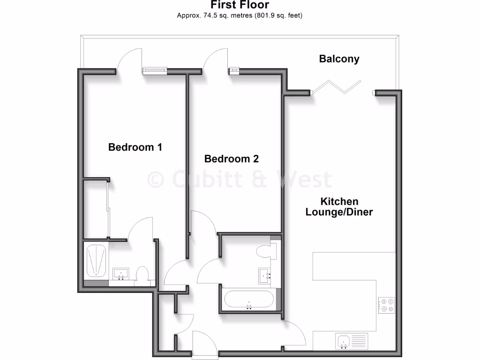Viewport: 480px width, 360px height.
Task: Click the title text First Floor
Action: [x=240, y=5]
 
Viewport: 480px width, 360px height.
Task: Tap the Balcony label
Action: [x=339, y=59]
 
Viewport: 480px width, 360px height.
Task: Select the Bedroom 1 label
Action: [x=135, y=147]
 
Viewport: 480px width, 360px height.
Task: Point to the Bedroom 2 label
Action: [x=232, y=159]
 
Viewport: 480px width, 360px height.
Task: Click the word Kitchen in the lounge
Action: [x=339, y=202]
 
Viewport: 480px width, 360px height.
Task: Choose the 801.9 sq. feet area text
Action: [x=278, y=15]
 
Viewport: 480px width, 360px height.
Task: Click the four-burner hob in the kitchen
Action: [x=387, y=305]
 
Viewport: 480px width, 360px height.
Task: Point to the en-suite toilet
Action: [x=142, y=274]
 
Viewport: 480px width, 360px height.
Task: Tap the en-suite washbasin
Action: [x=121, y=274]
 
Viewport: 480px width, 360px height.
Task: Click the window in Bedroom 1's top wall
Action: [x=155, y=71]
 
